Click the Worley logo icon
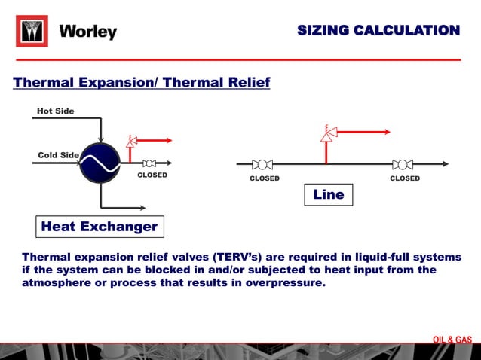(x=32, y=32)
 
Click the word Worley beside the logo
(x=88, y=32)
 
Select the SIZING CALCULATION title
(x=378, y=31)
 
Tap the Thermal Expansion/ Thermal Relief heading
(x=142, y=81)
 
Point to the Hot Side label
(x=56, y=111)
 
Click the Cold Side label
(x=58, y=155)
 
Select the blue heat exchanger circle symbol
(x=100, y=163)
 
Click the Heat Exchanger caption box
(x=100, y=226)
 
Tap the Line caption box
(x=328, y=194)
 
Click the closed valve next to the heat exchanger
(x=149, y=163)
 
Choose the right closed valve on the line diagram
(x=403, y=164)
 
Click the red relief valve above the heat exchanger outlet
(x=131, y=141)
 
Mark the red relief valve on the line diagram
(x=326, y=134)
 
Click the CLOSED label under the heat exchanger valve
(x=152, y=175)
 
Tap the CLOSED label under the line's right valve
(x=405, y=178)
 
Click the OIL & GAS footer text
(x=452, y=340)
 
